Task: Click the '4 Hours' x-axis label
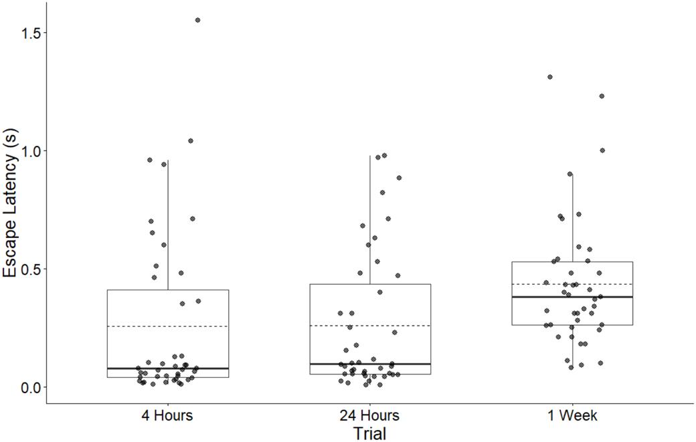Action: (x=167, y=416)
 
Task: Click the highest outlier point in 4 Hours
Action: (x=197, y=20)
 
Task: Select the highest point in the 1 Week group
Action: (x=550, y=77)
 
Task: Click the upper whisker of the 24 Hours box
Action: (x=369, y=221)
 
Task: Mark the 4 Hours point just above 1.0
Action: (x=191, y=141)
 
